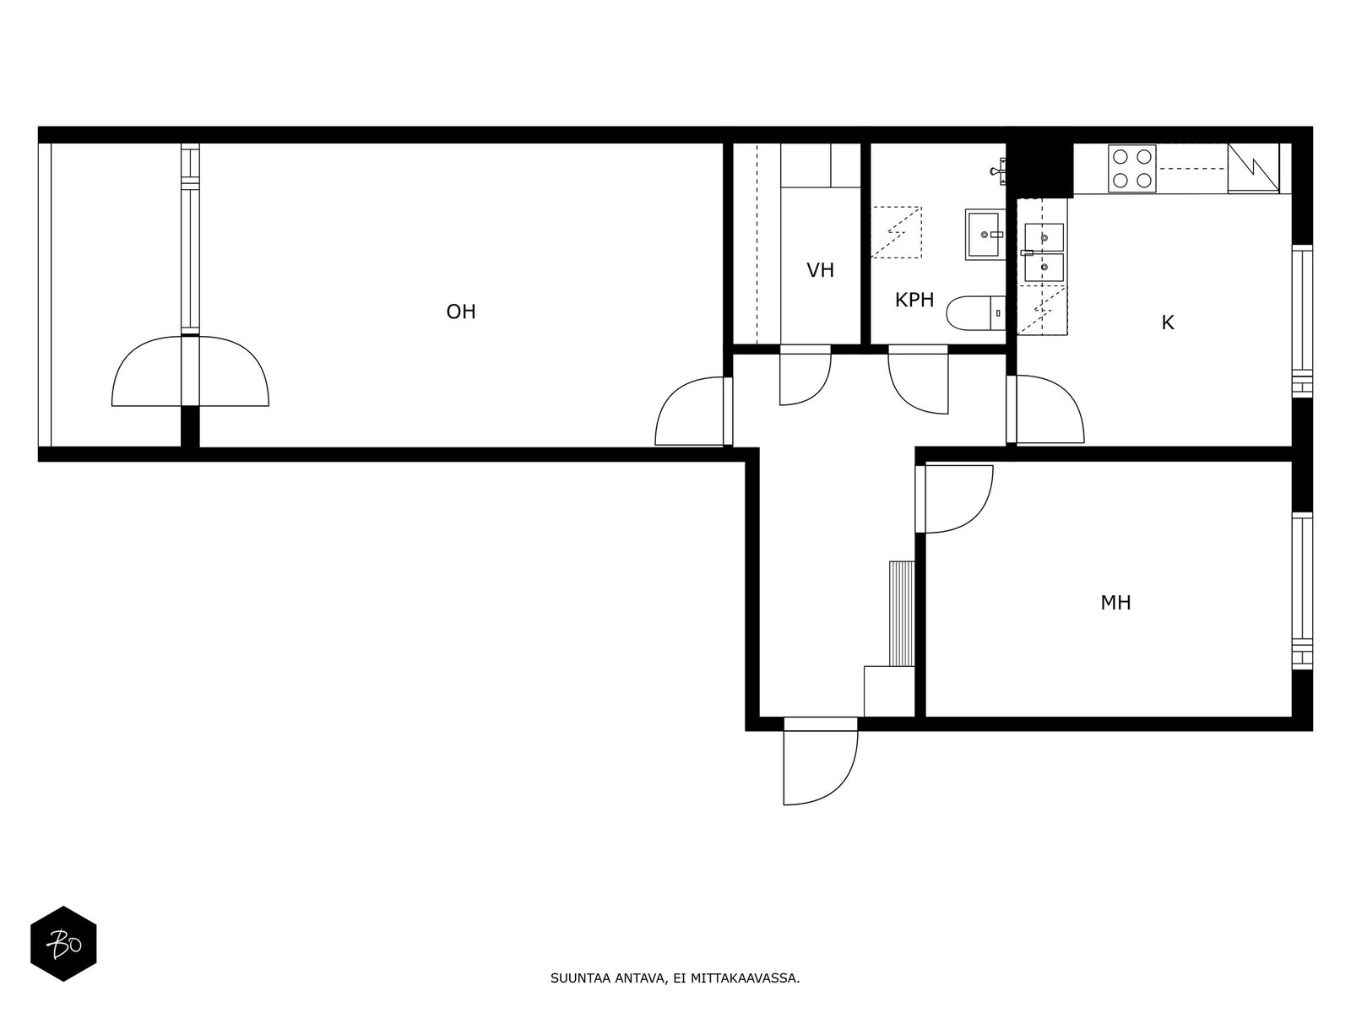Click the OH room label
tap(460, 311)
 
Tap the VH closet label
tap(821, 270)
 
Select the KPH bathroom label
tap(914, 300)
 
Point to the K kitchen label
tap(1167, 322)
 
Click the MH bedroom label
tap(1115, 603)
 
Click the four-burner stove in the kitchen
tap(1132, 168)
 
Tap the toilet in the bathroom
tap(976, 313)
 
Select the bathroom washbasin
tap(985, 235)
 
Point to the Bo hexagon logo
tap(63, 944)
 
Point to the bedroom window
tap(1302, 590)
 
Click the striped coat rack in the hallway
tap(902, 613)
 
